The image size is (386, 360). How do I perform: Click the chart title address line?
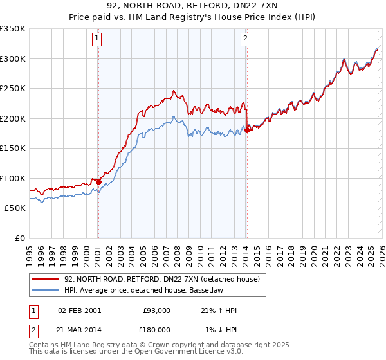[193, 6]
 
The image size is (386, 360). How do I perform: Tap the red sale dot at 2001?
[98, 182]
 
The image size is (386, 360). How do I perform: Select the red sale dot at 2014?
[247, 130]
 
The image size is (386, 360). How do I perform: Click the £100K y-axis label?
[13, 178]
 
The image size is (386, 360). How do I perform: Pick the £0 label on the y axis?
[19, 238]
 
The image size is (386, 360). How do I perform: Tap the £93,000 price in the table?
[156, 310]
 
